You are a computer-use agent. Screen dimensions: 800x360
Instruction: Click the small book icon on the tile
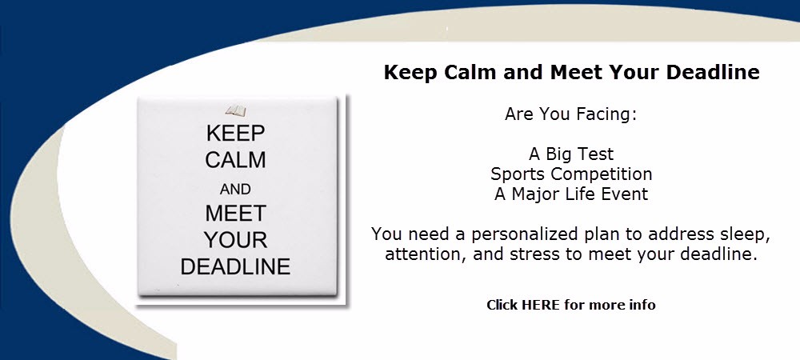coord(236,110)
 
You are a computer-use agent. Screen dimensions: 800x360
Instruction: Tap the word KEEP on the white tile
coord(236,134)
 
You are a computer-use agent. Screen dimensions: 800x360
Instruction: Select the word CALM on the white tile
coord(236,160)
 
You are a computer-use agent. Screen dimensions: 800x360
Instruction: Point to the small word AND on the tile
coord(235,189)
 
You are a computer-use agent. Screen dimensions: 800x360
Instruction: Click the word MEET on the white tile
coord(236,213)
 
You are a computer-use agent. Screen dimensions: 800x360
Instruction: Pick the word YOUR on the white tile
coord(236,240)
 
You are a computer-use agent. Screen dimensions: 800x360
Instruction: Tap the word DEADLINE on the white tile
coord(236,266)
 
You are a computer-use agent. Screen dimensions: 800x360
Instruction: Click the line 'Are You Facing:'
coord(571,114)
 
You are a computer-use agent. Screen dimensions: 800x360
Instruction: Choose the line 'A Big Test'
coord(571,154)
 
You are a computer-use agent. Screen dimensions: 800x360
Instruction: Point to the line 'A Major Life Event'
coord(571,194)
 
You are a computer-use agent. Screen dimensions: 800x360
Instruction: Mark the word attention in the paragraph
coord(426,254)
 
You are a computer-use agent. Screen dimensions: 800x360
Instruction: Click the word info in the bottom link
coord(644,305)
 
